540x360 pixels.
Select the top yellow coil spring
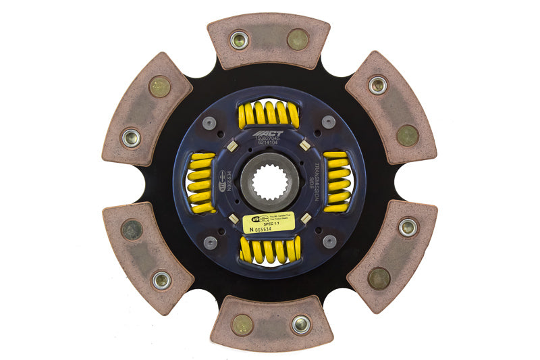pyautogui.click(x=269, y=114)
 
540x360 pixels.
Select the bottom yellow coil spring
pyautogui.click(x=270, y=250)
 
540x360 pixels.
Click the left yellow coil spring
pyautogui.click(x=200, y=182)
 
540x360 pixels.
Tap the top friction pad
pyautogui.click(x=268, y=41)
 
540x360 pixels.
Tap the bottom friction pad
pyautogui.click(x=270, y=323)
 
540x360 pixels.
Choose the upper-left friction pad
pyautogui.click(x=146, y=109)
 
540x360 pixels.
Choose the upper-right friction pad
pyautogui.click(x=391, y=107)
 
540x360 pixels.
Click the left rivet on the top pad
pyautogui.click(x=239, y=40)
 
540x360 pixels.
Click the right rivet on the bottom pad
pyautogui.click(x=300, y=324)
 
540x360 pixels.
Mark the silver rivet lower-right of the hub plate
pyautogui.click(x=329, y=241)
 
